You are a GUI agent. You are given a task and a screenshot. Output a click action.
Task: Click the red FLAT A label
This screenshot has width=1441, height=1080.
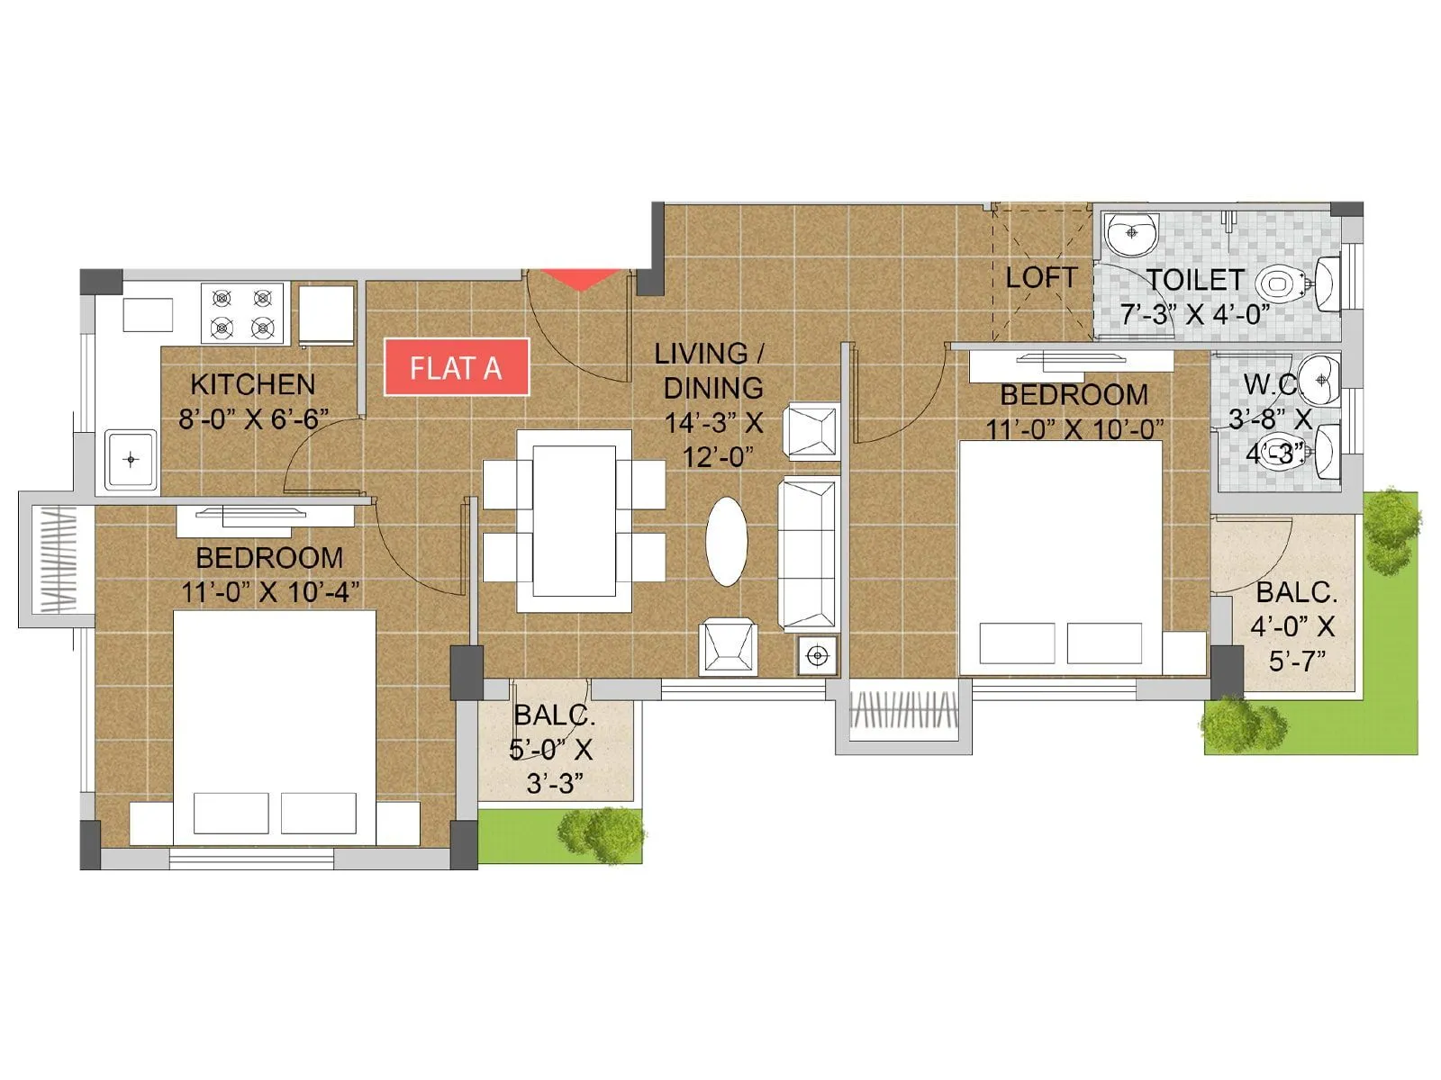click(456, 367)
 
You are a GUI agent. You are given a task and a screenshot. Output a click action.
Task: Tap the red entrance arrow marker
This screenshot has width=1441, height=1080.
click(583, 279)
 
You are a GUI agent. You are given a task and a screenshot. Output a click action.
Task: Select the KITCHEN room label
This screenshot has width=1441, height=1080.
click(253, 384)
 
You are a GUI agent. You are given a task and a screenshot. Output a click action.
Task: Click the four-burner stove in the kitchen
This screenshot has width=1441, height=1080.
click(242, 313)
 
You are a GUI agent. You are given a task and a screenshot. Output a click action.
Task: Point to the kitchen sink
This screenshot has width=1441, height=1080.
click(131, 460)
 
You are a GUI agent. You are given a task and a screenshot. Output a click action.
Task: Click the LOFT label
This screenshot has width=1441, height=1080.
click(1040, 277)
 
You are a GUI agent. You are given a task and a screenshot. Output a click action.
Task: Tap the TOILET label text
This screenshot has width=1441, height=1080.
click(1195, 280)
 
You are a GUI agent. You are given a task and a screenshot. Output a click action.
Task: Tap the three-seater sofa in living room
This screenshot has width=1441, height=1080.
click(808, 553)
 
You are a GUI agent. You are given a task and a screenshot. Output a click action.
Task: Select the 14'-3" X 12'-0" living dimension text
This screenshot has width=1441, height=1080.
click(713, 439)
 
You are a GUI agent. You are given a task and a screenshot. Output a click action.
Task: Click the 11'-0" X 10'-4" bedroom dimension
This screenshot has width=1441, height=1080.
click(270, 592)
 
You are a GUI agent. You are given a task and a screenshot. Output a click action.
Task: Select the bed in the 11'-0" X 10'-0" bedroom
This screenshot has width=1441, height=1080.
click(1061, 558)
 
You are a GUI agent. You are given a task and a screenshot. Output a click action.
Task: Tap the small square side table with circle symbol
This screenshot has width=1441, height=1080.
click(817, 656)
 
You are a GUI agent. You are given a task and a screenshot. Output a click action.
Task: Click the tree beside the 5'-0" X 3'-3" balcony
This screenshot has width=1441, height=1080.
click(600, 834)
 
